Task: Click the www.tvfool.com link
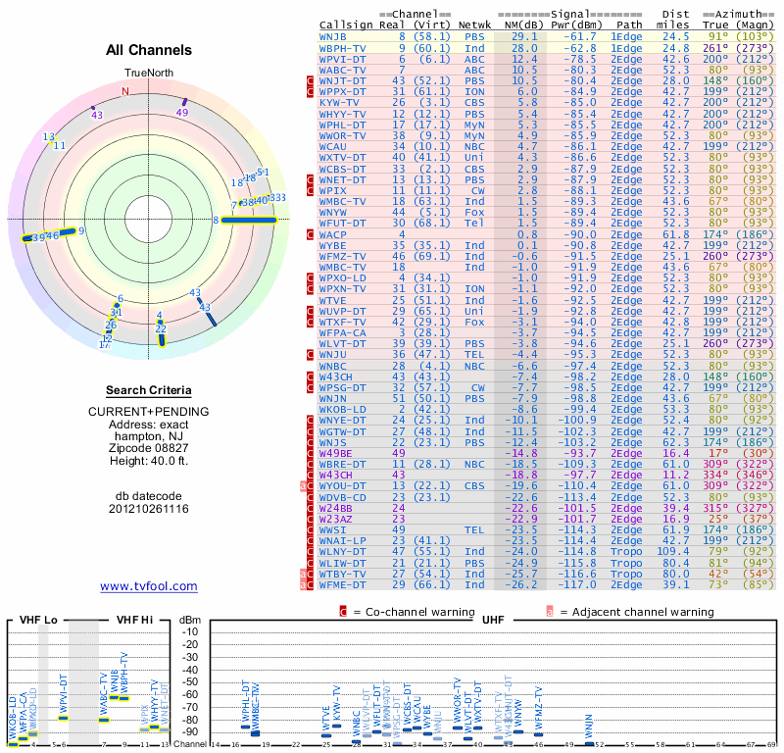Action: [x=149, y=586]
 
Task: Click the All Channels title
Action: [x=149, y=50]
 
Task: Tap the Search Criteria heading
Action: [x=149, y=390]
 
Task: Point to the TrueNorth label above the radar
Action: [x=148, y=74]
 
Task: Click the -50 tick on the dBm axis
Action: [x=190, y=681]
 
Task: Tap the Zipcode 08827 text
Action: [x=149, y=443]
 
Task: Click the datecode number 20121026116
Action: [x=149, y=509]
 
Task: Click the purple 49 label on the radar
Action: [x=182, y=113]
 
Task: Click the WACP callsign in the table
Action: [x=333, y=235]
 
